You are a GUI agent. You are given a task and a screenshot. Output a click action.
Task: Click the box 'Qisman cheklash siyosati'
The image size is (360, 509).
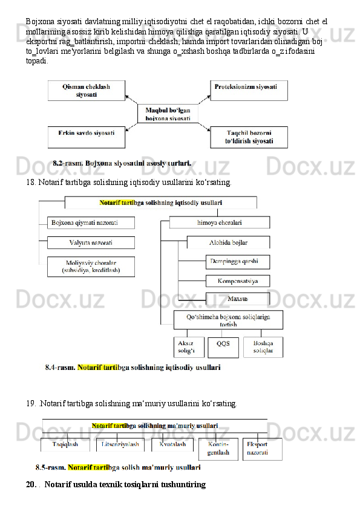87,91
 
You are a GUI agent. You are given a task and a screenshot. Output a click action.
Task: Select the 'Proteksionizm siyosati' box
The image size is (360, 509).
249,91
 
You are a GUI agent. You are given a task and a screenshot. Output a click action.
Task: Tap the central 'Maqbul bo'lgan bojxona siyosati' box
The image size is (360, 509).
168,114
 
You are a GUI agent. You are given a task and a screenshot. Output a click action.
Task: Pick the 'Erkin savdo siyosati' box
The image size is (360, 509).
87,137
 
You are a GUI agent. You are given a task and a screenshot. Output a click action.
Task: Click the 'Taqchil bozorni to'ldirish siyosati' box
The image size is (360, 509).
249,137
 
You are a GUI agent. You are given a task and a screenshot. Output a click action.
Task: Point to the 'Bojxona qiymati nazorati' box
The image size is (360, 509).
91,222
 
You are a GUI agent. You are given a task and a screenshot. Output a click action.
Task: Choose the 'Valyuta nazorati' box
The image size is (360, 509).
91,242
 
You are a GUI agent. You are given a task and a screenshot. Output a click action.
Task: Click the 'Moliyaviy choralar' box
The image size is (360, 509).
91,267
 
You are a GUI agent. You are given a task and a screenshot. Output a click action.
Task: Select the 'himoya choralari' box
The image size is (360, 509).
220,222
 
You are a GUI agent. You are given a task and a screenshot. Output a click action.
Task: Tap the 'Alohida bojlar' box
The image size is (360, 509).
229,242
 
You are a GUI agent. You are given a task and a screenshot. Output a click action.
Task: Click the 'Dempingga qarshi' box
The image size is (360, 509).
238,262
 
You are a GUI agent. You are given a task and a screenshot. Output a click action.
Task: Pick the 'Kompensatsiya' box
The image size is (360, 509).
238,281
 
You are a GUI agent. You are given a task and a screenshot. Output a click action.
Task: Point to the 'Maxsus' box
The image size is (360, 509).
238,299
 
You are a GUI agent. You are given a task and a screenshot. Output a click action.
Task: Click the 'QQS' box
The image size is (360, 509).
223,348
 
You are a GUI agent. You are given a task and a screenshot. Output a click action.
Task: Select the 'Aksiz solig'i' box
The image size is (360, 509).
189,347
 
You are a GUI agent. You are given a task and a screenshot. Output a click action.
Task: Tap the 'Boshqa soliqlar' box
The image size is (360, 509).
263,347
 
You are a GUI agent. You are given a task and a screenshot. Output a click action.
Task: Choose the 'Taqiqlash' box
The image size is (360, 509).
65,445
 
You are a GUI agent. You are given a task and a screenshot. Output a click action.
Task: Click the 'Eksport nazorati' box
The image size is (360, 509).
262,449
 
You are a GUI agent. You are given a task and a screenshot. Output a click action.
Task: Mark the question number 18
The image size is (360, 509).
31,183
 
